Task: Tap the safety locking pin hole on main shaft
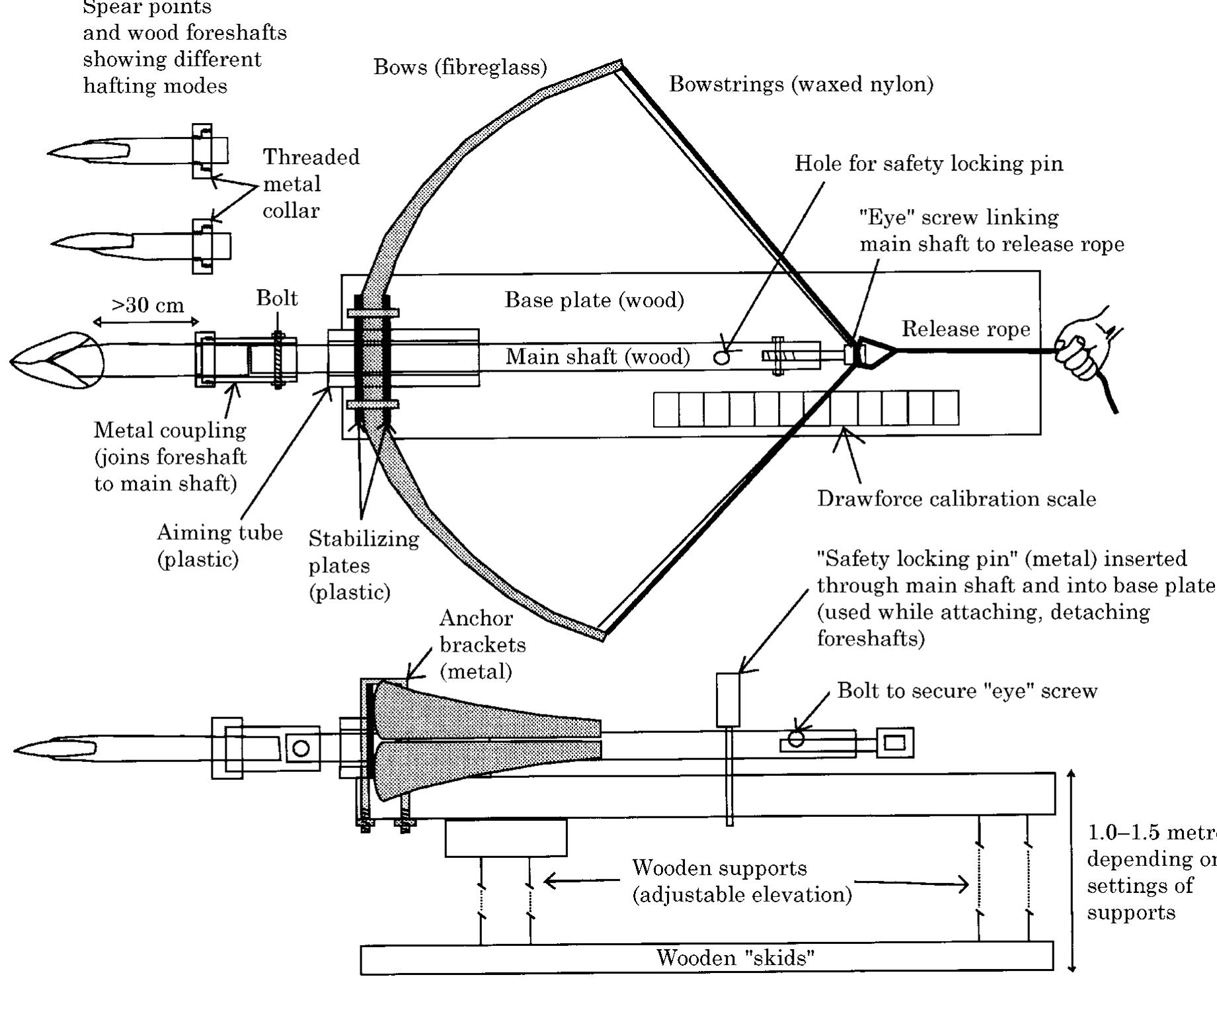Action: click(721, 357)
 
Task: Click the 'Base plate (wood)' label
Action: click(594, 300)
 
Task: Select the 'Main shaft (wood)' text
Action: click(598, 357)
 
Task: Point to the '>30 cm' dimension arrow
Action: click(146, 322)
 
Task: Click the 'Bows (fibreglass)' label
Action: click(460, 67)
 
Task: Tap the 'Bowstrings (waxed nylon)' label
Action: click(801, 84)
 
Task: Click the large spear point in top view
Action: click(56, 361)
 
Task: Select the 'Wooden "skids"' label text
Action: click(735, 958)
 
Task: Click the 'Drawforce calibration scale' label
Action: click(956, 499)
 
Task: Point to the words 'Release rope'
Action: click(966, 329)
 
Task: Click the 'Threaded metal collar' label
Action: click(311, 184)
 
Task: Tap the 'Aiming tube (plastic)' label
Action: click(219, 546)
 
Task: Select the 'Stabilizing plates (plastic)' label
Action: click(364, 565)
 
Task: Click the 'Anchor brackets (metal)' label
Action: click(483, 644)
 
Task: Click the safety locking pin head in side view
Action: click(728, 699)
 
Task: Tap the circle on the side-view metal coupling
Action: click(301, 749)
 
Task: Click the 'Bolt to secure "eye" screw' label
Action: click(967, 691)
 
